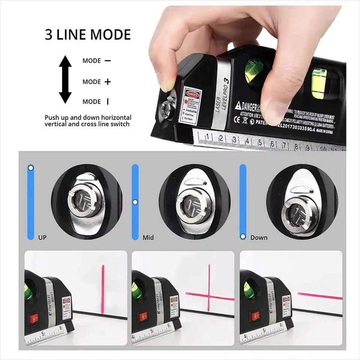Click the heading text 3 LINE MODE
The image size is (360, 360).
[x=88, y=34]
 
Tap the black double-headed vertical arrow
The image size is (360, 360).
[x=65, y=79]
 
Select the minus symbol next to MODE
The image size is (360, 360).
[x=108, y=60]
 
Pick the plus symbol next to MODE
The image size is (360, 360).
[x=108, y=82]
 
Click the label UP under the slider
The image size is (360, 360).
[x=42, y=238]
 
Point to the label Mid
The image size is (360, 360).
[x=148, y=238]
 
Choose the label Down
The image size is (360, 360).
[x=259, y=237]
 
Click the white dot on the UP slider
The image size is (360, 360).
[x=31, y=168]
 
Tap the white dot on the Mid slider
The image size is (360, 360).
[x=135, y=202]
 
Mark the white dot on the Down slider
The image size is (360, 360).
[x=243, y=237]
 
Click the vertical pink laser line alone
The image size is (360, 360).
[x=102, y=289]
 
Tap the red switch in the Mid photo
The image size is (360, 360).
[x=143, y=317]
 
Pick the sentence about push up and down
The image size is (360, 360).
[x=88, y=121]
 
